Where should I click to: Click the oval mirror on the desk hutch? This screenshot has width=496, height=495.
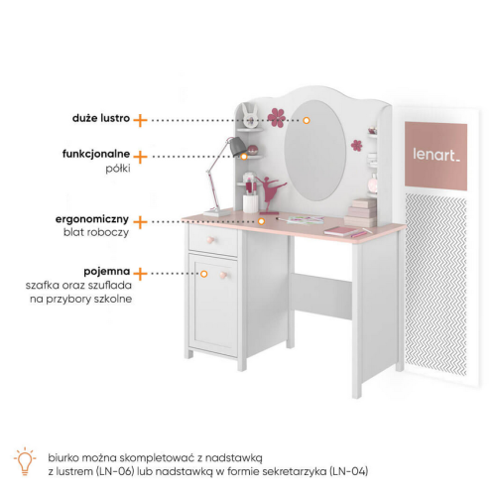coord(314,151)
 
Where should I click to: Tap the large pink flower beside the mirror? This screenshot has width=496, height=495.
coord(277,117)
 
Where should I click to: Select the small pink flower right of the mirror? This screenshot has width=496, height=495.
coord(356,145)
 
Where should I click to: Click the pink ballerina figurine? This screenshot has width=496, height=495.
coord(270,194)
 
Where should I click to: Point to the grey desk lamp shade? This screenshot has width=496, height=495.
coord(237,146)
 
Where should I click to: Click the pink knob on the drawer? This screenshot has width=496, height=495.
coord(210,240)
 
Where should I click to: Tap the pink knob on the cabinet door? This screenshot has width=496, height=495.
coord(223,275)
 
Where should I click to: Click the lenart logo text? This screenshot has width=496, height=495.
coord(435,155)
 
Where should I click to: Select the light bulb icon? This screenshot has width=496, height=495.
coord(25,461)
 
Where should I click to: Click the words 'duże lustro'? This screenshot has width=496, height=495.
coord(101,118)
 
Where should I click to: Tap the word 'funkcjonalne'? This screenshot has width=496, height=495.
coord(96,154)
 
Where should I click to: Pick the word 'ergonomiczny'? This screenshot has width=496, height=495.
coord(92,219)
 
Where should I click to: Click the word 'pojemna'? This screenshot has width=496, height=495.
coord(107,272)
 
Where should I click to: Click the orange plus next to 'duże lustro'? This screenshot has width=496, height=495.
coord(140,120)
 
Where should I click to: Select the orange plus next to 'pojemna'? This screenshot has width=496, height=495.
coord(140,274)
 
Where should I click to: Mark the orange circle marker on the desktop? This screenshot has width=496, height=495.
coord(261,221)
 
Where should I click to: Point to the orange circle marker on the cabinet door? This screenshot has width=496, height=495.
coord(204,274)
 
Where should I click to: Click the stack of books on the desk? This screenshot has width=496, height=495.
coord(360,212)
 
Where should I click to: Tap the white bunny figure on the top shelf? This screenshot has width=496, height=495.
coord(250,115)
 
